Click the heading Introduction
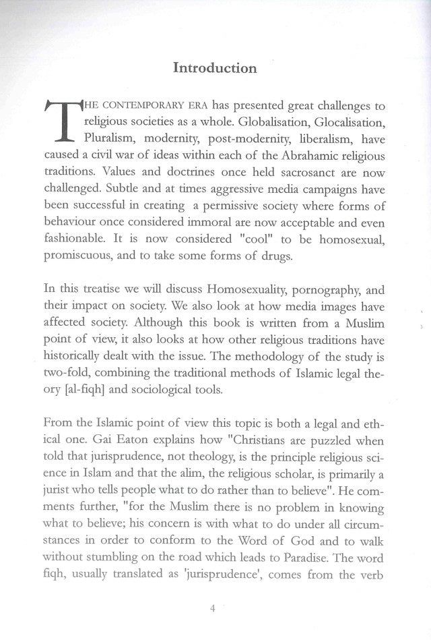click(215, 68)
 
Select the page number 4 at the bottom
click(212, 609)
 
